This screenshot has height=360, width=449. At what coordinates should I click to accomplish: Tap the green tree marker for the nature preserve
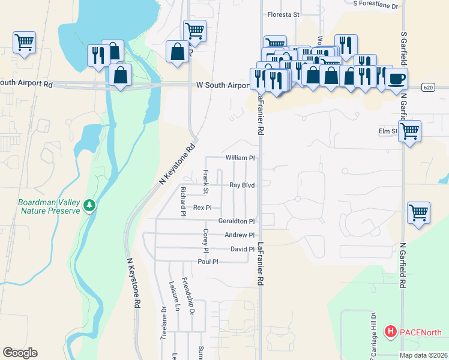(89, 206)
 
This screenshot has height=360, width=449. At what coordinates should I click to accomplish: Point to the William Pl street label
(240, 158)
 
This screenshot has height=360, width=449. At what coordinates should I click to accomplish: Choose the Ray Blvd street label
(243, 185)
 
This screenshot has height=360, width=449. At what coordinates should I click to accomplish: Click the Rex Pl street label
(202, 208)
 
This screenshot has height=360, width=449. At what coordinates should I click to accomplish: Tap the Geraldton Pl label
(237, 221)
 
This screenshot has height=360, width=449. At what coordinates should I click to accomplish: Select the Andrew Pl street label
(240, 235)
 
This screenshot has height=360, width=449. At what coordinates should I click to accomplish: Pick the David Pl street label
(243, 249)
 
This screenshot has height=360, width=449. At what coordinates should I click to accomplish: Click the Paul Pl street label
(208, 262)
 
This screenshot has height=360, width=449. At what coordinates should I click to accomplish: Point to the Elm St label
(388, 131)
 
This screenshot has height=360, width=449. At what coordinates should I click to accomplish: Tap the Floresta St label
(283, 14)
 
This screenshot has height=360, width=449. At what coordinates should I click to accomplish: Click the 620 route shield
(427, 87)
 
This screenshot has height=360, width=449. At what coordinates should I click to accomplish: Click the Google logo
(20, 353)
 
